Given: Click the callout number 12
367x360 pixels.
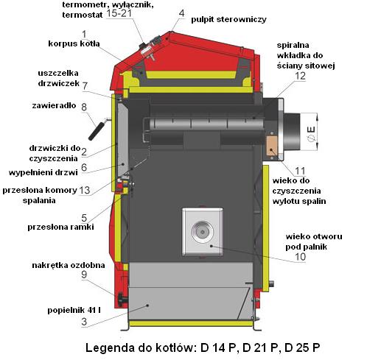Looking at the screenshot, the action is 300,76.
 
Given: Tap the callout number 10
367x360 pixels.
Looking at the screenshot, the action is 300,257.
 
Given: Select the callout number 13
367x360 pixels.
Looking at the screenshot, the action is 84,190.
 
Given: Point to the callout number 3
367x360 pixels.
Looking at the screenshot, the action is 84,322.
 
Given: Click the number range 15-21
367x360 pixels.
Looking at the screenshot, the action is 119,13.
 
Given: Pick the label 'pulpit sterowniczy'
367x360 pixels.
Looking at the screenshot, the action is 228,19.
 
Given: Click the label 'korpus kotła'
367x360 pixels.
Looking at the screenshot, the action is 74,43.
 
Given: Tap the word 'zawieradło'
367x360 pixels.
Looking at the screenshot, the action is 54,105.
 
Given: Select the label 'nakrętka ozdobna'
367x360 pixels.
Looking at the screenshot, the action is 69,265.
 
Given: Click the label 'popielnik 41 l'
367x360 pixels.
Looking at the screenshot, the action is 74,310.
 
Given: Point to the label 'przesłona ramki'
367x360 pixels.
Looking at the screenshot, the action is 60,227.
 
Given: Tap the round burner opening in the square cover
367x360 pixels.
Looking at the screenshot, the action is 202,232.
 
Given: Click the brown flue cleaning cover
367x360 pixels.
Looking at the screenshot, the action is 272,146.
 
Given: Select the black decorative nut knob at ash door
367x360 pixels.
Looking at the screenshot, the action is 122,299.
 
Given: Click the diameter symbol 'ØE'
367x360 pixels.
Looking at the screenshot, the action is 312,134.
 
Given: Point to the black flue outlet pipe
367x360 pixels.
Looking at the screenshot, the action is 292,132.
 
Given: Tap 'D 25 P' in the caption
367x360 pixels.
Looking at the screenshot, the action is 302,347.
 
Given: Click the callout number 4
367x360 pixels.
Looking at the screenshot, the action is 181,13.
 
